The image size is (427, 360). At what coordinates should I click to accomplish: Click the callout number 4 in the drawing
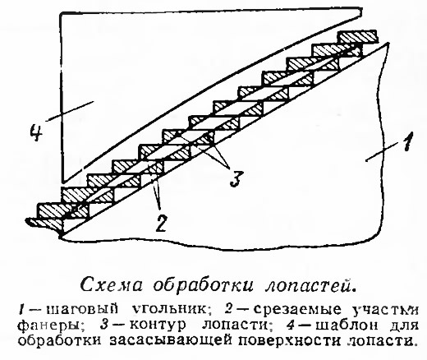pyautogui.click(x=36, y=132)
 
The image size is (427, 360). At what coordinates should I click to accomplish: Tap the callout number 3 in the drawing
pyautogui.click(x=236, y=178)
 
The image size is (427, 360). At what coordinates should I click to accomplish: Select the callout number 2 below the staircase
pyautogui.click(x=160, y=223)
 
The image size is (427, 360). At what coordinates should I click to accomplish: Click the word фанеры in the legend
pyautogui.click(x=50, y=325)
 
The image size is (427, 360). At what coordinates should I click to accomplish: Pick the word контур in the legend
pyautogui.click(x=158, y=325)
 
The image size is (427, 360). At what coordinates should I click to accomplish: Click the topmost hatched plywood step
pyautogui.click(x=357, y=37)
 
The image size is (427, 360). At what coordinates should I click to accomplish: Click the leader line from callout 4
pyautogui.click(x=71, y=111)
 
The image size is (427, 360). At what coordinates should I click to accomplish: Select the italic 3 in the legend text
pyautogui.click(x=104, y=325)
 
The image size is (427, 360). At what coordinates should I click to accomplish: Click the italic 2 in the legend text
pyautogui.click(x=228, y=309)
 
